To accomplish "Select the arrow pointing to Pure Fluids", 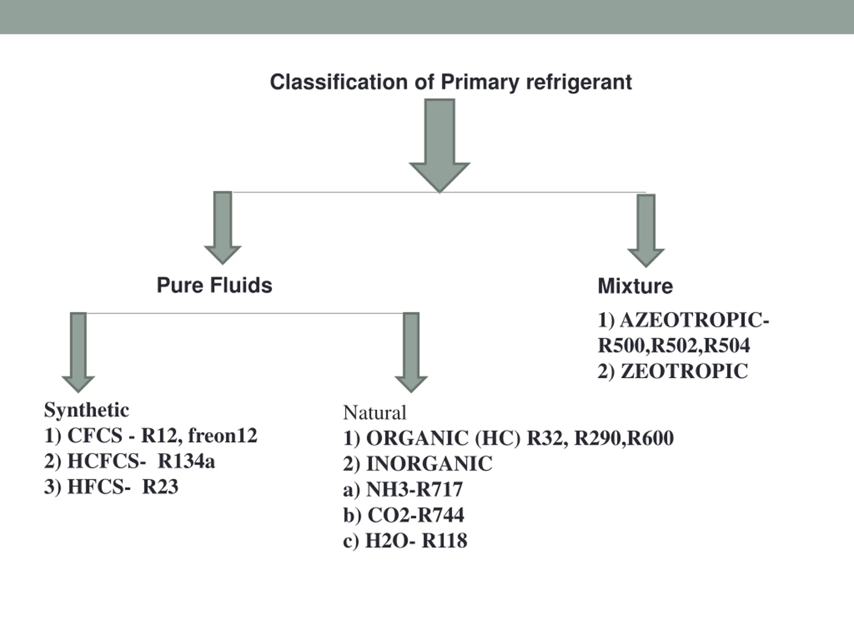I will tap(223, 228).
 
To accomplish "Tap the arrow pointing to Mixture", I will tap(646, 231).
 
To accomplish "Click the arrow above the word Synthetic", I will tap(78, 352).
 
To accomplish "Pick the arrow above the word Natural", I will tap(411, 352).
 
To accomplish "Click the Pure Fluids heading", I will tap(214, 285).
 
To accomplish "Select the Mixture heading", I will tap(635, 286).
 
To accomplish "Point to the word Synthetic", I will tap(86, 410).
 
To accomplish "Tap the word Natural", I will tap(375, 413).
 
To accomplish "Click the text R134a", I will tap(186, 461).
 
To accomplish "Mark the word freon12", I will tap(223, 435).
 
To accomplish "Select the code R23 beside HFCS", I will tap(160, 486).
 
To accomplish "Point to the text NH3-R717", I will tap(414, 489).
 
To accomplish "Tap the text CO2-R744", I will tap(415, 515).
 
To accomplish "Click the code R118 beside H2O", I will tap(444, 540).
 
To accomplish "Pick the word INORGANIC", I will tap(429, 464).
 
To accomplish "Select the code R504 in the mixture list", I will tap(727, 346).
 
